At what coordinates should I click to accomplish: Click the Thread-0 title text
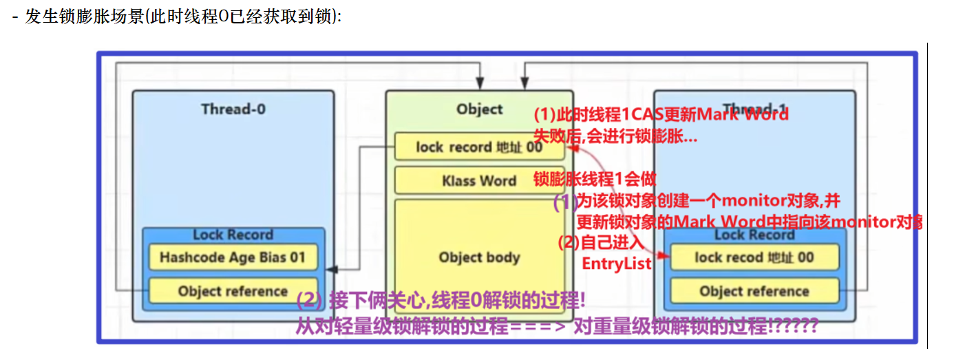[233, 109]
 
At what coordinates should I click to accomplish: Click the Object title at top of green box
[479, 109]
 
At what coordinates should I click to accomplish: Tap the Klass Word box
[479, 181]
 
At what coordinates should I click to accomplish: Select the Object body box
[479, 257]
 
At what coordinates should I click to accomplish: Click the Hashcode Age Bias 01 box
[233, 257]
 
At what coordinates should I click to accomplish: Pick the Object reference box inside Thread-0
[233, 291]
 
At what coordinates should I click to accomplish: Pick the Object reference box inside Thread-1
[754, 291]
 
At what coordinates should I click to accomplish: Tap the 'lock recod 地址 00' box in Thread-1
[754, 257]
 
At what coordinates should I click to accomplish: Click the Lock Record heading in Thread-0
[233, 235]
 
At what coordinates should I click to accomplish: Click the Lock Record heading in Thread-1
[754, 235]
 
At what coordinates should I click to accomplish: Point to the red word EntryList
[616, 264]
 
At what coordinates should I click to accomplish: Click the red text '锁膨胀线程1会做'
[595, 179]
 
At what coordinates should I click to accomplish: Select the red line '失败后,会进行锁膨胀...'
[615, 136]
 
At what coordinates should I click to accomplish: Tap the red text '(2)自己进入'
[600, 243]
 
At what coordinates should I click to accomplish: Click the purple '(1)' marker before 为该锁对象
[565, 202]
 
